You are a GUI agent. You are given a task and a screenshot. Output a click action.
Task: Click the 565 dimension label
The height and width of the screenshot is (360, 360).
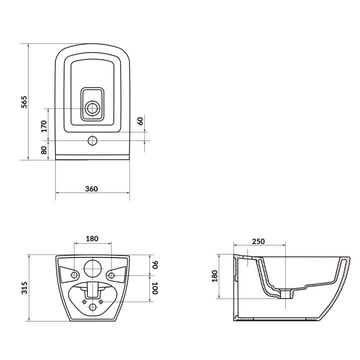coord(23,102)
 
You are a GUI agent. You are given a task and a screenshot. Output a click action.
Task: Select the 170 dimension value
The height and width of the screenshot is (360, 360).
coord(44,125)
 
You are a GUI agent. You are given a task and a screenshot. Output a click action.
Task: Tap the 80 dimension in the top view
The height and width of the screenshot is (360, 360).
coord(44,149)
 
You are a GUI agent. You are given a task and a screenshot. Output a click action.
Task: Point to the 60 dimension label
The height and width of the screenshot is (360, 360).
coord(140,120)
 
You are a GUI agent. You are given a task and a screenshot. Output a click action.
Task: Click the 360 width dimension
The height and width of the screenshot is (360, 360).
coord(91,188)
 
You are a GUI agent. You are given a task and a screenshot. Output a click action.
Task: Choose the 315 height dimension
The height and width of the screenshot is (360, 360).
coord(24,287)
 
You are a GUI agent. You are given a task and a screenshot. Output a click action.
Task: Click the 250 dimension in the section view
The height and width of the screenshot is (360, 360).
coord(258,241)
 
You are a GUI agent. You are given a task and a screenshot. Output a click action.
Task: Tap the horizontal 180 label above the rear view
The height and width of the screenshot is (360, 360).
coord(92,238)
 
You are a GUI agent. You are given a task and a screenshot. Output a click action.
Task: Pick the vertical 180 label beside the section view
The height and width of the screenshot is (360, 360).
coord(215,276)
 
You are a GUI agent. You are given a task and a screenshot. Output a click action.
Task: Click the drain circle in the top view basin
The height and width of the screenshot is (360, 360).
coord(92,108)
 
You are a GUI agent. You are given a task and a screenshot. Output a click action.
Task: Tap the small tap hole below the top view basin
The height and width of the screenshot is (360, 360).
coord(92,140)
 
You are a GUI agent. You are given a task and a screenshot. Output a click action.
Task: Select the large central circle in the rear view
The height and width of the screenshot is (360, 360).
coord(92,268)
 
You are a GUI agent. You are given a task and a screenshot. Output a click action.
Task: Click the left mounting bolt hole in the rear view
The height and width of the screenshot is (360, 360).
coord(74,275)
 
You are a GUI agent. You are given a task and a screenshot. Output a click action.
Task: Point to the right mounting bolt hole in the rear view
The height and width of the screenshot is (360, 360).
coord(110,275)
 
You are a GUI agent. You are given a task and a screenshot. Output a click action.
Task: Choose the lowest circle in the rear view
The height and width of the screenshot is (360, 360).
coord(92,308)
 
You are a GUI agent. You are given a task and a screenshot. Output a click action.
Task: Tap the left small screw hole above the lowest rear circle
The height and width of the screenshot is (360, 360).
coord(84,301)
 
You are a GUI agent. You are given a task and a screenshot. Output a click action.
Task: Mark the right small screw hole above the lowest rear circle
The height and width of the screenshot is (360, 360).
coord(100,301)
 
